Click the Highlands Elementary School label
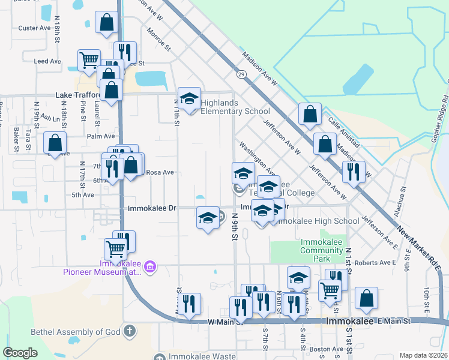235,107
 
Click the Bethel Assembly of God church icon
129,331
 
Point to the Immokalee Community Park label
324,250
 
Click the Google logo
20,353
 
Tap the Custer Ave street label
34,28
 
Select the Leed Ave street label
48,61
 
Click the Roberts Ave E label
375,263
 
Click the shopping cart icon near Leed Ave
89,59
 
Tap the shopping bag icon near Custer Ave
106,23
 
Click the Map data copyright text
423,355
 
